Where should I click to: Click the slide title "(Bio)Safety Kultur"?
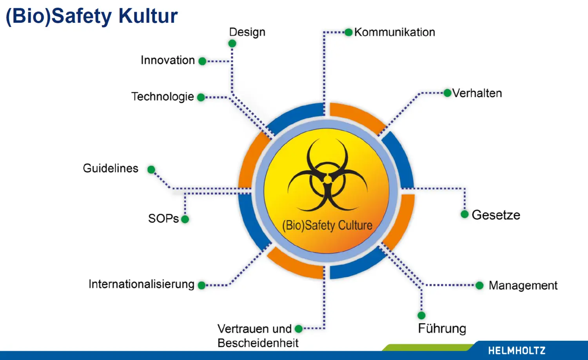click(x=92, y=16)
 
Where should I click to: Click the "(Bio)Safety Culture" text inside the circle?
click(x=327, y=225)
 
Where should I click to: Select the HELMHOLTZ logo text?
click(x=517, y=351)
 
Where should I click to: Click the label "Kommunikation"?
click(x=395, y=32)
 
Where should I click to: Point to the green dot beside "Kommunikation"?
click(x=348, y=32)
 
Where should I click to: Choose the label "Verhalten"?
click(x=477, y=93)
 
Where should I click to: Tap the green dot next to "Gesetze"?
click(x=465, y=214)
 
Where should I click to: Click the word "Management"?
click(x=523, y=286)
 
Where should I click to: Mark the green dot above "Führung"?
click(x=421, y=315)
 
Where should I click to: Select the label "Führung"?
click(x=442, y=329)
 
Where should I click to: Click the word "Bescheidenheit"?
click(x=258, y=343)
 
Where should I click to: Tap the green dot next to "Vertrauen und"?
click(x=299, y=329)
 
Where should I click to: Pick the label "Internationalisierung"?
click(x=141, y=284)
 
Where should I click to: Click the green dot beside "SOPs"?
click(x=185, y=219)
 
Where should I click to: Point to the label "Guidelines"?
click(x=111, y=168)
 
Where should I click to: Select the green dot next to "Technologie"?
click(x=201, y=97)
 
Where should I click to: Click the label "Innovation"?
click(x=168, y=60)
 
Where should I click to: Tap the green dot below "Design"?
click(x=232, y=43)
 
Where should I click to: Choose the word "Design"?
click(x=247, y=32)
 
